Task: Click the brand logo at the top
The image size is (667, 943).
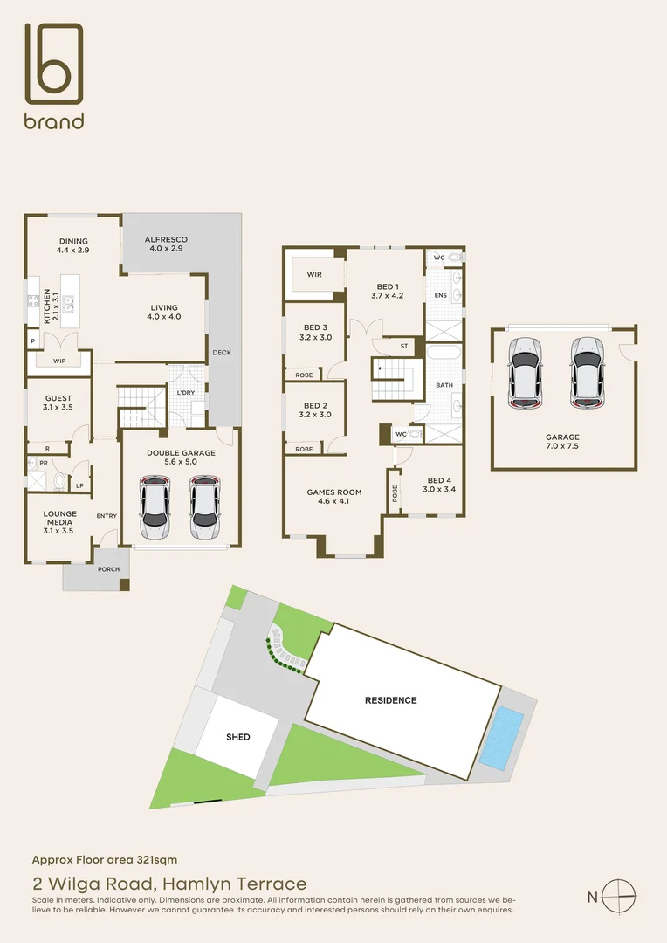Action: [54, 76]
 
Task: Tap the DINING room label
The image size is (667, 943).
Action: [74, 245]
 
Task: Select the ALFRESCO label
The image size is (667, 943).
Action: [166, 244]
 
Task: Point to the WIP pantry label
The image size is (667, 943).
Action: [59, 361]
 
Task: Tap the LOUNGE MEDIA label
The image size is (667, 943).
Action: [59, 520]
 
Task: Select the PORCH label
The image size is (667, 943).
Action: [109, 569]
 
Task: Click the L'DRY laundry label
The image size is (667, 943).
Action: [185, 393]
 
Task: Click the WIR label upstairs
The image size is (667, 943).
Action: [314, 274]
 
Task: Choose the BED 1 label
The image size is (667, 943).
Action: [389, 291]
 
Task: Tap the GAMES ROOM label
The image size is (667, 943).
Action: [333, 497]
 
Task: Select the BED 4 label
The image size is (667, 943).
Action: [439, 485]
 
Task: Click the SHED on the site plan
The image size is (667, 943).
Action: [238, 737]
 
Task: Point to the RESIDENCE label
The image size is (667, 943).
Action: [390, 700]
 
